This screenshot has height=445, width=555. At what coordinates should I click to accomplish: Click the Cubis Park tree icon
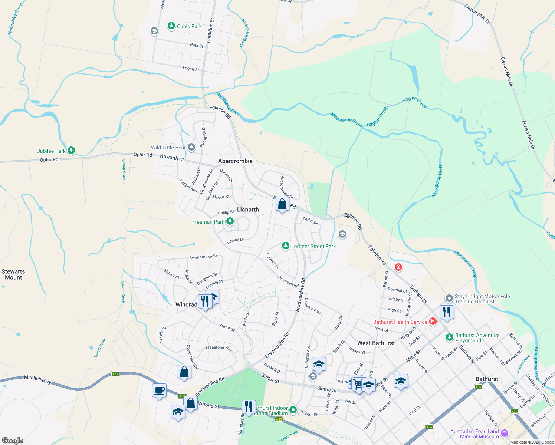pos(171,26)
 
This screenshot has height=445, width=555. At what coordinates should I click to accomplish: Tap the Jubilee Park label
pos(51,151)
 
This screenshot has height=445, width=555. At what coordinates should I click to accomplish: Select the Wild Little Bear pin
pos(191,148)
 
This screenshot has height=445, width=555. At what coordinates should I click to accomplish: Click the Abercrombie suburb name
pos(235,161)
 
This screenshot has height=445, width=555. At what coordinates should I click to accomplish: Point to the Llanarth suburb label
pos(248,210)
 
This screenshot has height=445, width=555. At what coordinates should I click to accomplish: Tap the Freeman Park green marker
pos(230,222)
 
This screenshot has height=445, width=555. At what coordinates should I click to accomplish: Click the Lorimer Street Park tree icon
pos(285,246)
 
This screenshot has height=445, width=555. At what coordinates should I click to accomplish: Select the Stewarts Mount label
pos(13,274)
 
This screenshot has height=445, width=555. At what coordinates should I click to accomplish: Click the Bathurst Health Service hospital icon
pos(433,322)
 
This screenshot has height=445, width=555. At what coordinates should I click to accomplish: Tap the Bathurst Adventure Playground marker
pos(449,337)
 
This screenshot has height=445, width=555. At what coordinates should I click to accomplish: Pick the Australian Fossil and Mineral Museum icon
pos(504,434)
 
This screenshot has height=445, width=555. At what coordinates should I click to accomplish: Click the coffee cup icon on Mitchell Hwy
pos(160,390)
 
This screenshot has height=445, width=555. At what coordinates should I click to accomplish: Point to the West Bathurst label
pos(376,343)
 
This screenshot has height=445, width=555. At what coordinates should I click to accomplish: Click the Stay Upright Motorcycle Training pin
pos(449,299)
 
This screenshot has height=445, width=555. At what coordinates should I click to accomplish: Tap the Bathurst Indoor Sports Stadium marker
pos(293,410)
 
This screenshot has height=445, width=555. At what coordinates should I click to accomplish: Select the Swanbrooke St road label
pos(203,257)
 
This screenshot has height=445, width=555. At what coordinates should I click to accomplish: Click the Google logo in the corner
pos(13,440)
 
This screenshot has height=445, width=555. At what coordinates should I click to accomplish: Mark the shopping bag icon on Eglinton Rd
pos(282,204)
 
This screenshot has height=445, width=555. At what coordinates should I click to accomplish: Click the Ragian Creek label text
pos(415,103)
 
